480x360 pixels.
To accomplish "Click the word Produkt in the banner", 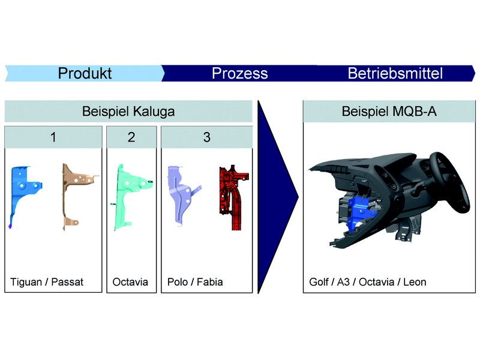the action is (x=85, y=73).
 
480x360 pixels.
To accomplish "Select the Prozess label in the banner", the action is (x=239, y=73).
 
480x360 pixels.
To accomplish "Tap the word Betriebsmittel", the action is (x=395, y=73).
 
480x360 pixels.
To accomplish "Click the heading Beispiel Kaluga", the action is (x=128, y=112).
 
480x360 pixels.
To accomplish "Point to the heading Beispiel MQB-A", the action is (x=389, y=111).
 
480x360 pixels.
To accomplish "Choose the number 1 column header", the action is (x=53, y=137).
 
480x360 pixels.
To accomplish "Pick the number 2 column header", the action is (x=131, y=137).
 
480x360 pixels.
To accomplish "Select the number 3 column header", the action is (x=207, y=137).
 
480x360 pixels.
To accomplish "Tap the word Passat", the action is (x=67, y=282).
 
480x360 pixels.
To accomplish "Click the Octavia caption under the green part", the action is (x=130, y=282).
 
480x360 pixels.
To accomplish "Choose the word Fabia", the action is (x=209, y=282).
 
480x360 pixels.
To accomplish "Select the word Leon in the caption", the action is (x=415, y=282).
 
